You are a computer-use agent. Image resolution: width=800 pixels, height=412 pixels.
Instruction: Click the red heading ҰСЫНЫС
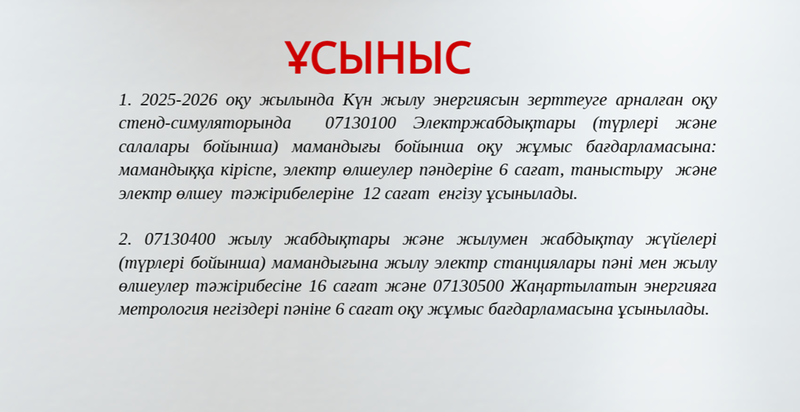click(x=377, y=58)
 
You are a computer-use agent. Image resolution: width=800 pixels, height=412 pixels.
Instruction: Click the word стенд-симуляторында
click(x=205, y=124)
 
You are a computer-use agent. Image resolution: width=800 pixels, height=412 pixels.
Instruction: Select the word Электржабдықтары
click(x=494, y=124)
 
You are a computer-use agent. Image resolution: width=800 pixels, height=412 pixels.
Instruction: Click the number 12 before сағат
click(x=371, y=194)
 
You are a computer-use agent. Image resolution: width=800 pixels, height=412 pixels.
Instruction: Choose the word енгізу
click(x=457, y=195)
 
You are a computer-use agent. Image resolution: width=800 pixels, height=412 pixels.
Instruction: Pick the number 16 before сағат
click(x=317, y=287)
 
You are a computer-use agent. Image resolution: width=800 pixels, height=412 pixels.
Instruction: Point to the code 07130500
click(x=469, y=287)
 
